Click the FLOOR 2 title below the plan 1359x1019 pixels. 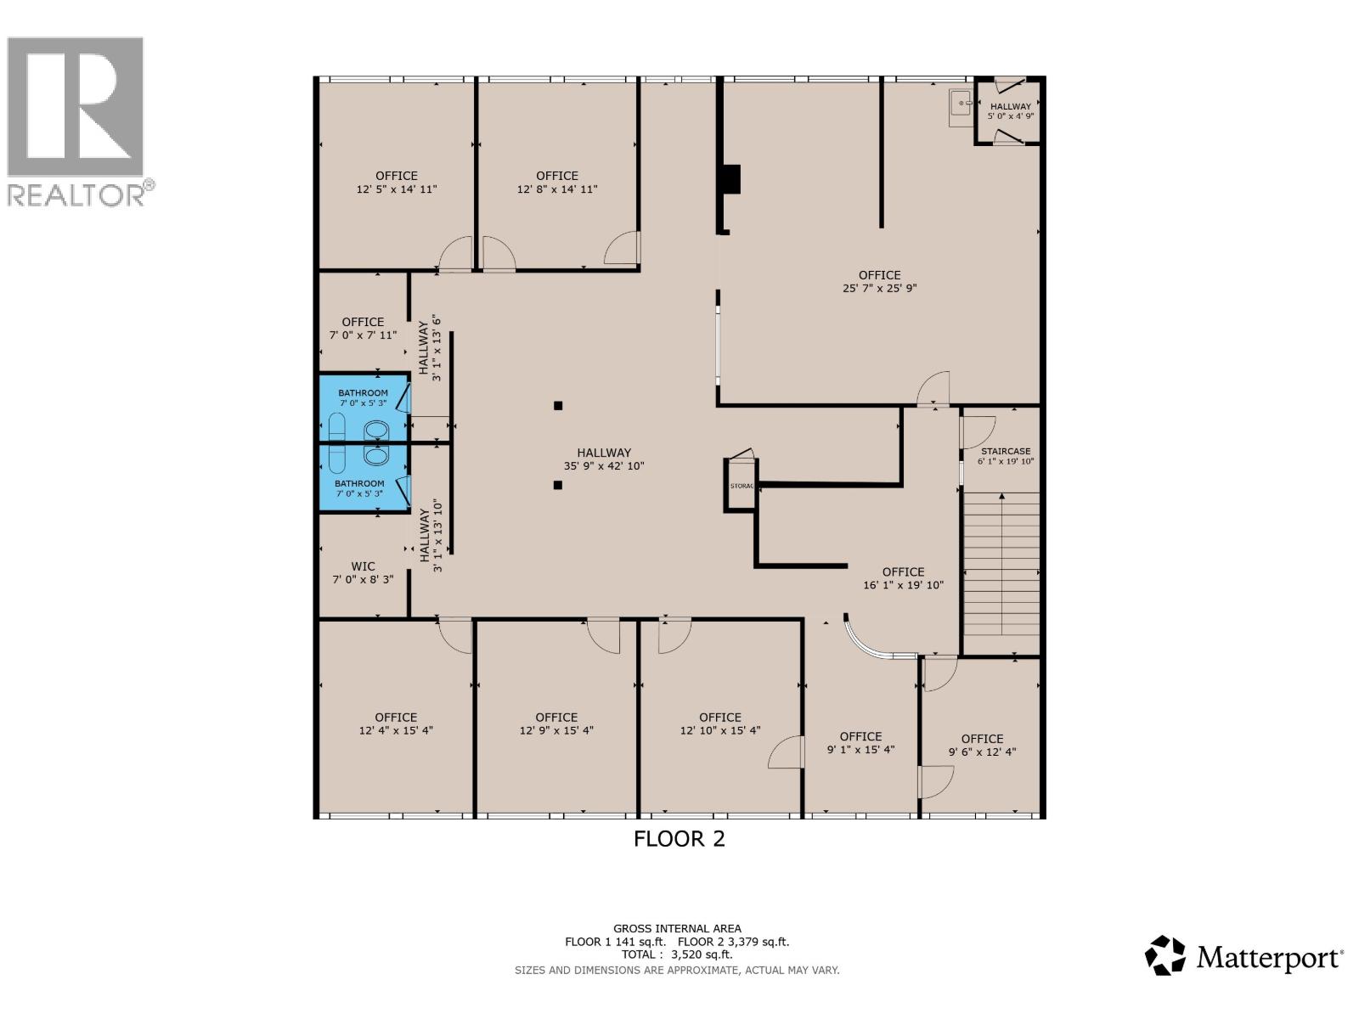click(679, 839)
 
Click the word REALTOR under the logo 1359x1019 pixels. click(76, 194)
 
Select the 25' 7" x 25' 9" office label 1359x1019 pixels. click(879, 282)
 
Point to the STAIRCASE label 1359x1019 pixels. click(1006, 452)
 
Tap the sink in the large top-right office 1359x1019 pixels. click(961, 107)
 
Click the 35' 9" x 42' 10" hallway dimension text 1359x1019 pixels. click(604, 466)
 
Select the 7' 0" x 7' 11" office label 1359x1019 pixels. click(363, 329)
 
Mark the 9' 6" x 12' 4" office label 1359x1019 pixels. click(982, 746)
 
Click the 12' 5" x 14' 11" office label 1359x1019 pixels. click(397, 183)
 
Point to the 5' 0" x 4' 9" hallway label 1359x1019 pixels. click(1011, 111)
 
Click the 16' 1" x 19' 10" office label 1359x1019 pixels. click(904, 578)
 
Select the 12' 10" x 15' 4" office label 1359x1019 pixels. click(720, 723)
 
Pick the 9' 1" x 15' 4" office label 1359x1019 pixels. click(860, 743)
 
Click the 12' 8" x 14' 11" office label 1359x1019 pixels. click(557, 183)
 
